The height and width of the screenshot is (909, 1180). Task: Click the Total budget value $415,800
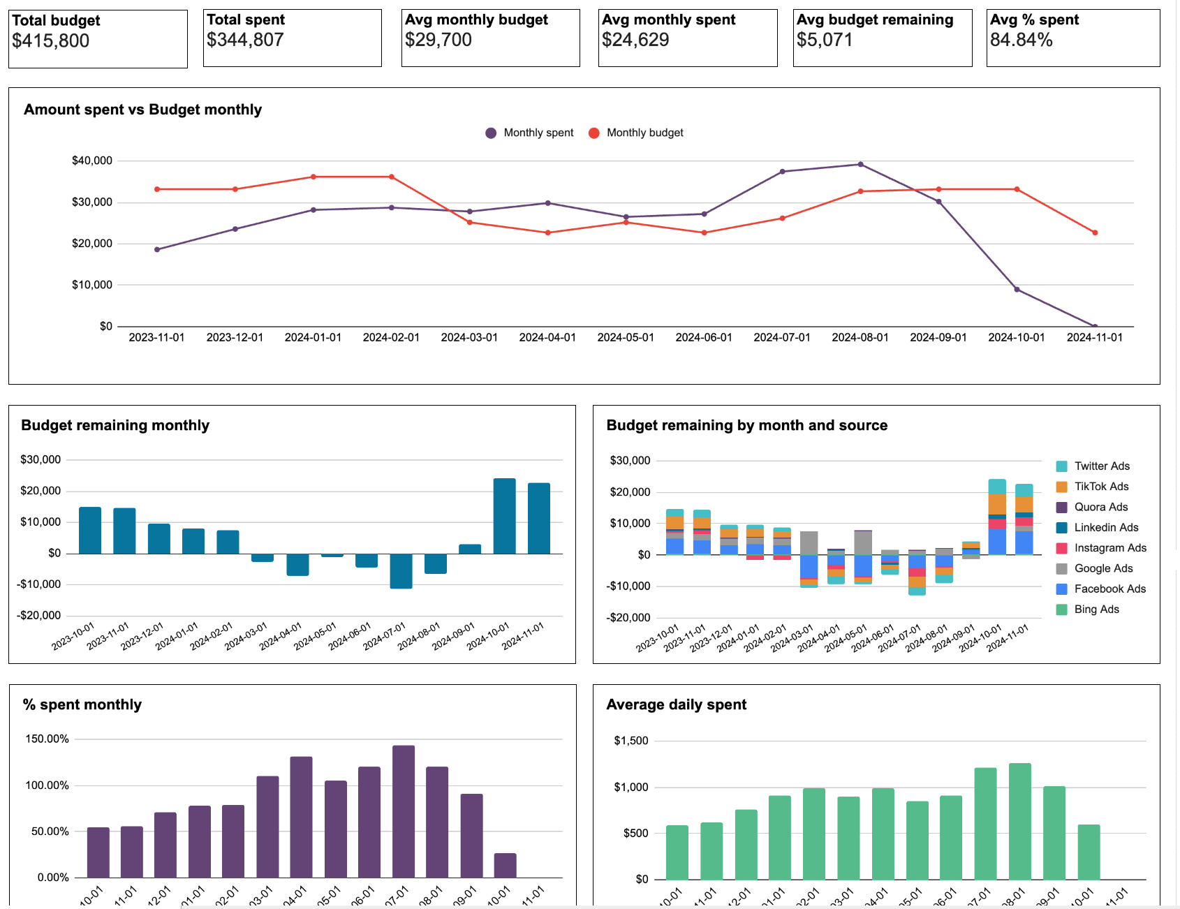(x=50, y=41)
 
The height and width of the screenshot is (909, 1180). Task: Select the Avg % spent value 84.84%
(x=1021, y=40)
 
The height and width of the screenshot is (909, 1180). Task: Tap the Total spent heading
(x=246, y=20)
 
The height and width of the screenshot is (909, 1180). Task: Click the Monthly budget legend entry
(x=644, y=133)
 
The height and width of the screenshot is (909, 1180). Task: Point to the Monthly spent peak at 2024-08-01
(x=860, y=165)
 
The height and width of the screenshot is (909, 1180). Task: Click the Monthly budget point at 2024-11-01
(x=1095, y=232)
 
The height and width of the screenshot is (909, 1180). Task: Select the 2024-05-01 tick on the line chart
(x=626, y=337)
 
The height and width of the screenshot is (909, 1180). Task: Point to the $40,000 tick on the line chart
(x=92, y=161)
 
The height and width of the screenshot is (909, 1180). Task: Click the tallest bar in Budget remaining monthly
(x=504, y=515)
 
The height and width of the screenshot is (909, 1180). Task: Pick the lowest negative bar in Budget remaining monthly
(x=401, y=571)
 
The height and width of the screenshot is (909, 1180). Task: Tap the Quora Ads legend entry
(x=1100, y=507)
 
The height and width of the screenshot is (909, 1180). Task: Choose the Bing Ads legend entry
(x=1096, y=609)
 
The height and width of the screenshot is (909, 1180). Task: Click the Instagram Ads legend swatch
(x=1062, y=548)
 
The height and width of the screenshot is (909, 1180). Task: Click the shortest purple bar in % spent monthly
(x=505, y=866)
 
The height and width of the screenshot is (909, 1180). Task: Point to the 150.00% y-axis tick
(x=47, y=739)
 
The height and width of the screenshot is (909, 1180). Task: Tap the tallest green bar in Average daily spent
(x=1020, y=820)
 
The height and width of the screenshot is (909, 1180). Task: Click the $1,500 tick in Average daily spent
(x=631, y=741)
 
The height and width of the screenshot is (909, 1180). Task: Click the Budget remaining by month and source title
(x=746, y=425)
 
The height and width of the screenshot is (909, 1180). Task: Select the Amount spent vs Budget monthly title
(x=142, y=110)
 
